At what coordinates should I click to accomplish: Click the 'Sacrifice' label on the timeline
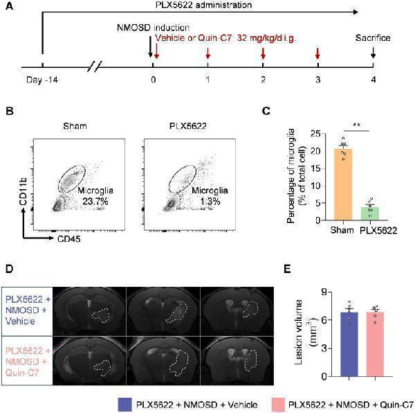pos(373,38)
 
